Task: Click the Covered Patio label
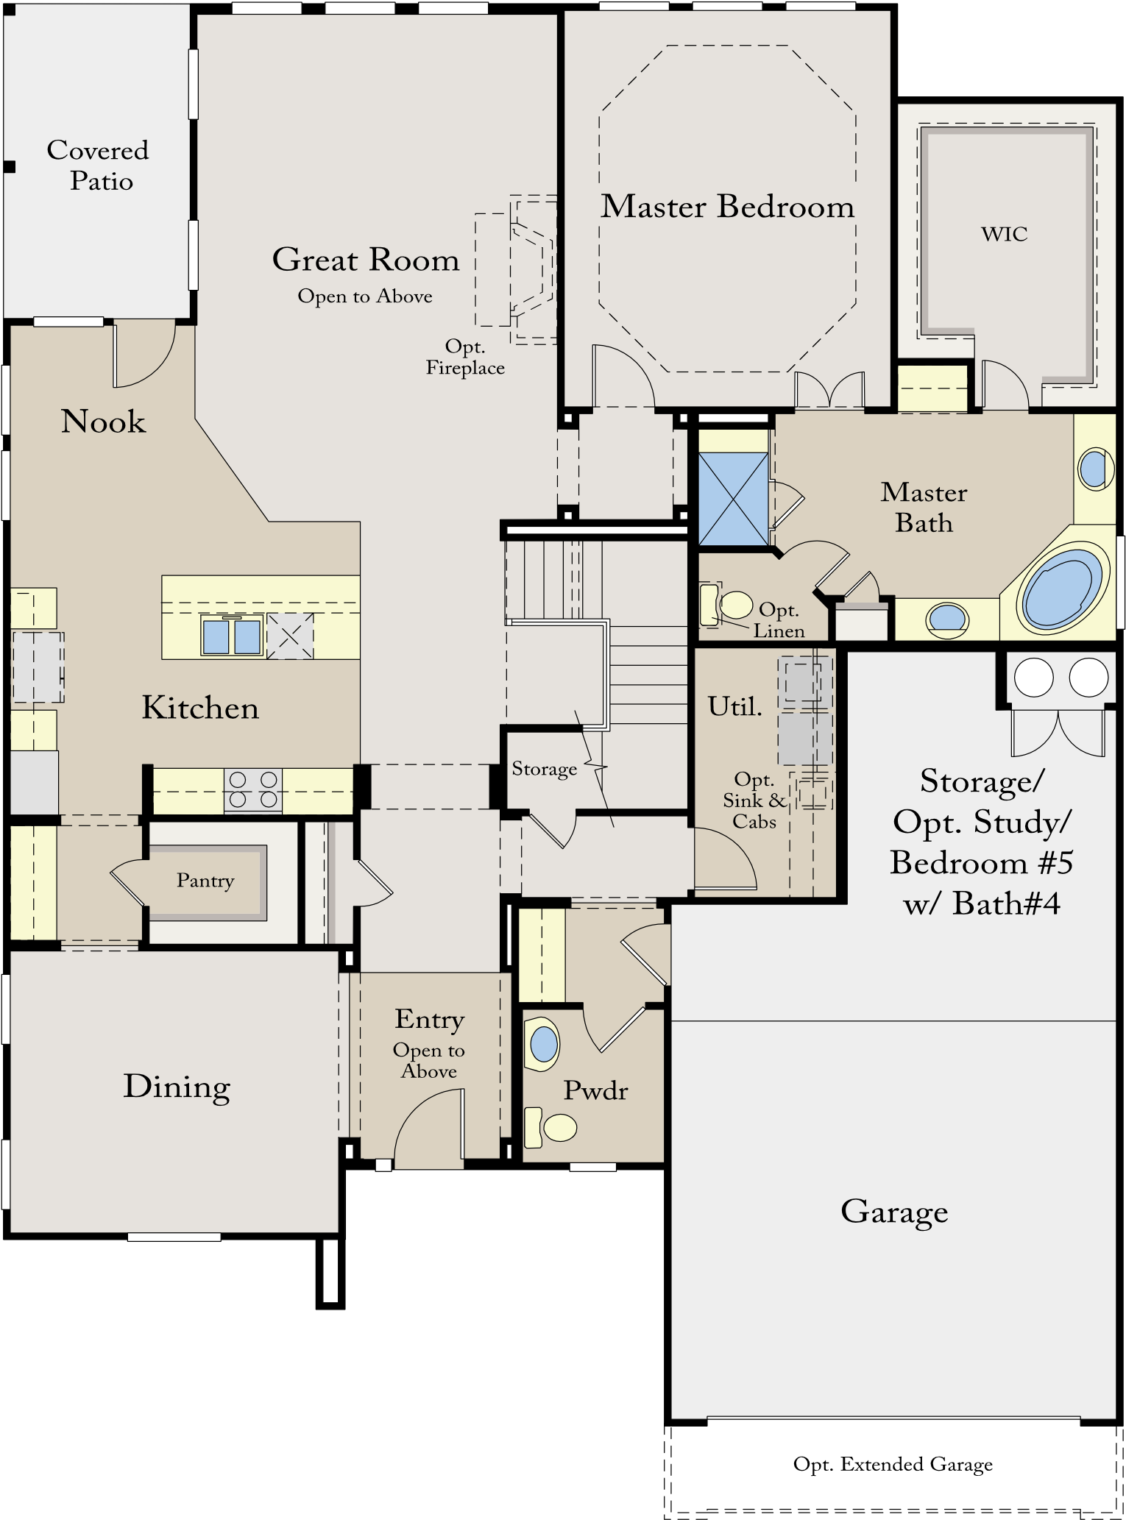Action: pyautogui.click(x=98, y=166)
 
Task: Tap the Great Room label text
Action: pyautogui.click(x=366, y=260)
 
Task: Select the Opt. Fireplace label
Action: pyautogui.click(x=465, y=358)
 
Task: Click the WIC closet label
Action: pyautogui.click(x=1004, y=234)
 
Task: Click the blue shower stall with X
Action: pyautogui.click(x=733, y=499)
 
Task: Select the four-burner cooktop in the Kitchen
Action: pyautogui.click(x=253, y=789)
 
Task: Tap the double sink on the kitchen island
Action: pyautogui.click(x=232, y=636)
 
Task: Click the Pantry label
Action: pyautogui.click(x=205, y=881)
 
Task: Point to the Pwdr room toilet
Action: pyautogui.click(x=551, y=1127)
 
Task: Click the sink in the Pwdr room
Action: pyautogui.click(x=543, y=1043)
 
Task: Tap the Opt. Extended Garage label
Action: pyautogui.click(x=893, y=1465)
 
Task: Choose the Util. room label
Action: pyautogui.click(x=734, y=706)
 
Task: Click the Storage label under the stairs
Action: pyautogui.click(x=545, y=769)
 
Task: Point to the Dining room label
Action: pyautogui.click(x=177, y=1087)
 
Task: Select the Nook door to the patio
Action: pyautogui.click(x=144, y=356)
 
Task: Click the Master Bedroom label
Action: pyautogui.click(x=727, y=207)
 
